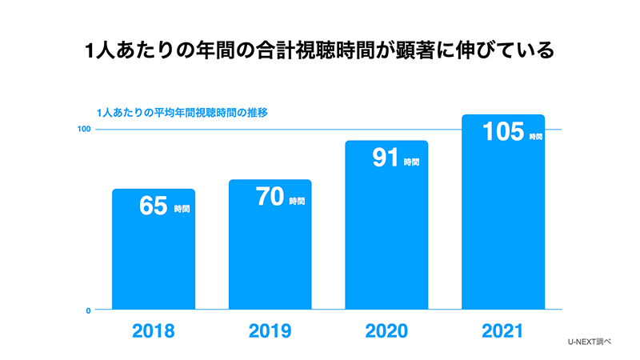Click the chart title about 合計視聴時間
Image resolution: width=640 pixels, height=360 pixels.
point(319,51)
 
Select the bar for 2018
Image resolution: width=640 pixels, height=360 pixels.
point(154,256)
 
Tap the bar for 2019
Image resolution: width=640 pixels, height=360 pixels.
point(270,256)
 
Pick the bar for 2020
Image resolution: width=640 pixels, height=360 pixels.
point(387,240)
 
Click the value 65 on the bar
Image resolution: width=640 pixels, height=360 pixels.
point(151,206)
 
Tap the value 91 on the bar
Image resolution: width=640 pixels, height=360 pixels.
point(386,158)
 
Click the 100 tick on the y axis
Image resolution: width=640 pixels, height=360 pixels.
point(82,130)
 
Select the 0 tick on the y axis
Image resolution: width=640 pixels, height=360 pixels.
point(86,310)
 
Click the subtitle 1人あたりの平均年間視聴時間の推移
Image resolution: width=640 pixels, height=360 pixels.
point(181,113)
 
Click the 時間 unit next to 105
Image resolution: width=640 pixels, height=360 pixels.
point(536,137)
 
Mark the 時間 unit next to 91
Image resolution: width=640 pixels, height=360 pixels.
point(411,162)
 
